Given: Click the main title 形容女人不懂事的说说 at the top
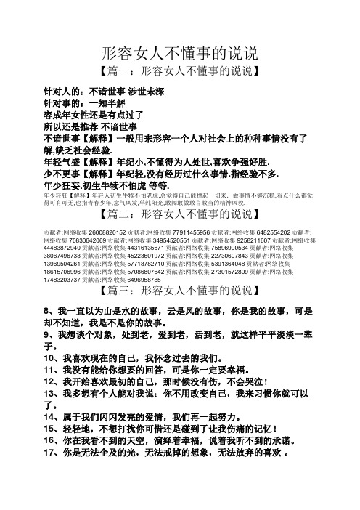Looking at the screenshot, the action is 180,54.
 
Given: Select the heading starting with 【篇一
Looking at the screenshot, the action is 179,73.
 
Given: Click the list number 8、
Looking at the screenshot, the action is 51,332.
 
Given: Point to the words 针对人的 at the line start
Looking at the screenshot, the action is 63,92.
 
